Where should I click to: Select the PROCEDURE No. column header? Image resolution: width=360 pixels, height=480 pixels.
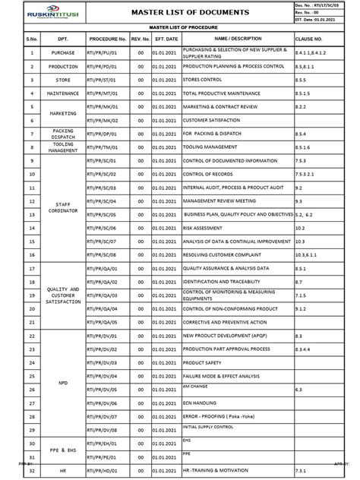pyautogui.click(x=106, y=38)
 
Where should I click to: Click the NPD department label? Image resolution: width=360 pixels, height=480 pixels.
pyautogui.click(x=63, y=383)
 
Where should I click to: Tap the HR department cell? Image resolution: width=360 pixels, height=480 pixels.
pyautogui.click(x=63, y=470)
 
